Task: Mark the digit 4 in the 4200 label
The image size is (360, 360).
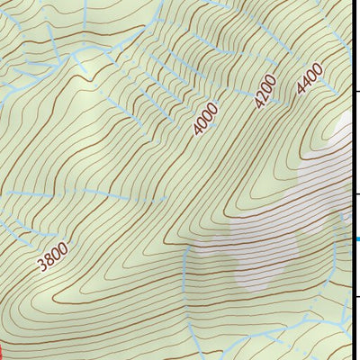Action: [x=257, y=104]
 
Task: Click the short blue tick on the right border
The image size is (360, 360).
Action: [x=355, y=238]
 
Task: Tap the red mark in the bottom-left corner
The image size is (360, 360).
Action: [x=2, y=351]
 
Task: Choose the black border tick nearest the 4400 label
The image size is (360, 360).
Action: [x=355, y=91]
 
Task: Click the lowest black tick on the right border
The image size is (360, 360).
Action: [x=355, y=297]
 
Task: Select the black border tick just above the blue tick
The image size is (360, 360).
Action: [x=355, y=193]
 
